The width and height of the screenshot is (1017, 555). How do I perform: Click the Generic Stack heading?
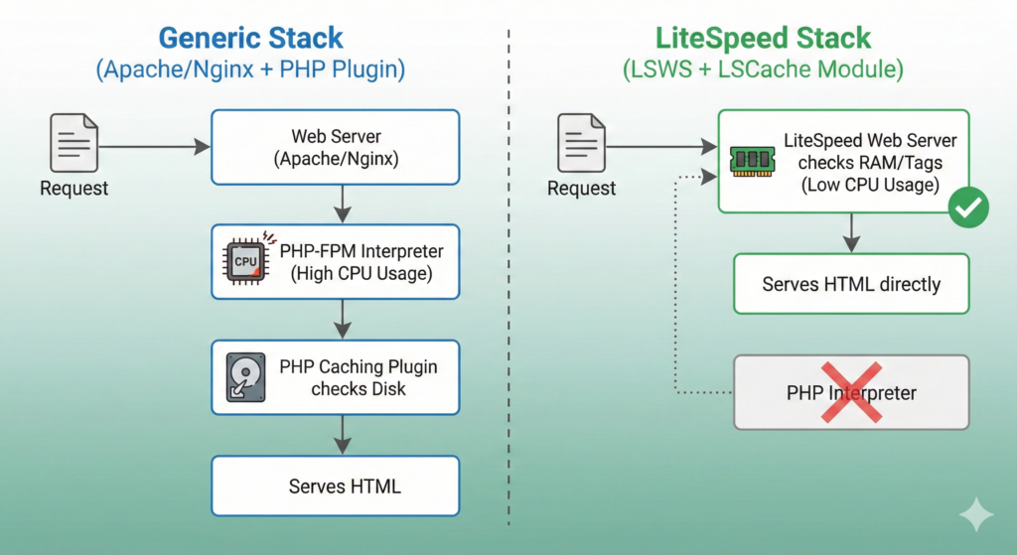250,39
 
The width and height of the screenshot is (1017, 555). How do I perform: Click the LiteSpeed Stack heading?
763,39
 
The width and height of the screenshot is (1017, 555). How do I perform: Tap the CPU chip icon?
244,261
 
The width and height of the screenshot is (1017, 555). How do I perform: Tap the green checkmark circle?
966,208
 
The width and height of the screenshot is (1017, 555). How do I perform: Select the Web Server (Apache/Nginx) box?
335,147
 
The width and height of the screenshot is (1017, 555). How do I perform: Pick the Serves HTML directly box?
850,284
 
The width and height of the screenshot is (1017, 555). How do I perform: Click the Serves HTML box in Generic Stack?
335,486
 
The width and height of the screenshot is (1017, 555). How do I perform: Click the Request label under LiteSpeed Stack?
582,189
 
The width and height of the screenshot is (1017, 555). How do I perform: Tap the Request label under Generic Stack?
74,189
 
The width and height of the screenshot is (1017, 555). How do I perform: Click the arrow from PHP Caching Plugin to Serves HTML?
342,434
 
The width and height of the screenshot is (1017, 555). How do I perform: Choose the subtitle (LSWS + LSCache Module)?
763,71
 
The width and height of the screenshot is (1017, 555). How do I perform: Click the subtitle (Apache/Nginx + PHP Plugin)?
250,71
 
